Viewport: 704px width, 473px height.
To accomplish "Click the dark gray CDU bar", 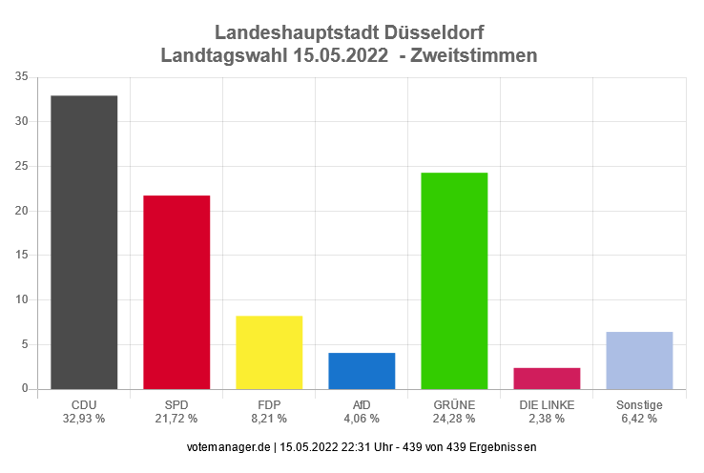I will point(84,242).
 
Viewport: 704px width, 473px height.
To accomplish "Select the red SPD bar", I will point(176,292).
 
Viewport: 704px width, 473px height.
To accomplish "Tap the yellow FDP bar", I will point(269,352).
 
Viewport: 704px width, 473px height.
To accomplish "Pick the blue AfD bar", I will point(362,371).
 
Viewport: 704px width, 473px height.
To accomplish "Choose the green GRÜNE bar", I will point(454,280).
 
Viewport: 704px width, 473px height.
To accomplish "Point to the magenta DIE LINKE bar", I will point(547,379).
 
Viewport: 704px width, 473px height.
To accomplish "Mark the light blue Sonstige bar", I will point(639,360).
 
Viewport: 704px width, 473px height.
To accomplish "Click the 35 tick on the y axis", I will point(21,77).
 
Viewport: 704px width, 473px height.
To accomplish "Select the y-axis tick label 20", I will point(21,211).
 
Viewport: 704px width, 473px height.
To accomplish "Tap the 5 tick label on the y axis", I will point(24,344).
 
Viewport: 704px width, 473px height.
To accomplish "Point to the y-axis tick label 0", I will point(24,389).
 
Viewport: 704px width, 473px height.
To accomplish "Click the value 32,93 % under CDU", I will point(84,419).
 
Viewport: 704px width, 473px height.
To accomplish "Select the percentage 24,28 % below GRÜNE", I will point(454,419).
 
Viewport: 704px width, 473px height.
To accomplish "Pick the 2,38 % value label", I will point(547,419).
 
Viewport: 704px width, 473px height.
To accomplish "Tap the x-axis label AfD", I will point(362,405).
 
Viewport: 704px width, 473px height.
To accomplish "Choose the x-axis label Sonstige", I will point(639,405).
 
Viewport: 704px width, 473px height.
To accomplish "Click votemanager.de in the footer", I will point(224,447).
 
